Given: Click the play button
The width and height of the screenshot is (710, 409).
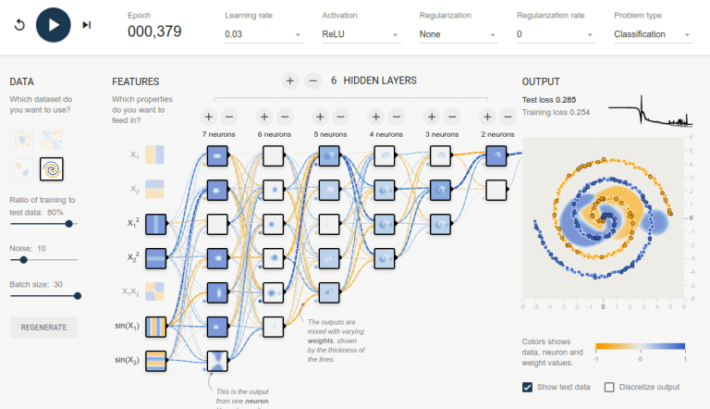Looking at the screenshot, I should click(x=54, y=24).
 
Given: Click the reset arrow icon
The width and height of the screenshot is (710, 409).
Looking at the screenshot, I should click(x=19, y=25).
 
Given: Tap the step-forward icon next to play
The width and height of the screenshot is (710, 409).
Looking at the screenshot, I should click(x=87, y=25).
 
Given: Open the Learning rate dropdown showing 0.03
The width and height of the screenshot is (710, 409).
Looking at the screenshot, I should click(x=263, y=34).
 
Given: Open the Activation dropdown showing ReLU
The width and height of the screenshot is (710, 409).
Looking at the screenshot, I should click(x=361, y=34).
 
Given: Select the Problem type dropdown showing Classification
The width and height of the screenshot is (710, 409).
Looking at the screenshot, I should click(x=653, y=34).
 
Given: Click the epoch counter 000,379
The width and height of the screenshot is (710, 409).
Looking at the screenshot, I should click(x=154, y=31).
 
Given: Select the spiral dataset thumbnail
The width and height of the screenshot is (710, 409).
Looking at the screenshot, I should click(x=52, y=169).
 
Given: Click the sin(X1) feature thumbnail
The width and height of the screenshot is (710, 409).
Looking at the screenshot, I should click(x=155, y=327).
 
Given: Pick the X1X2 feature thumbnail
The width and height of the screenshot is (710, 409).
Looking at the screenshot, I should click(x=155, y=291).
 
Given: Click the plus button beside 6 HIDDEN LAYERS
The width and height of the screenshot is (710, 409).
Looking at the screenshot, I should click(x=289, y=81).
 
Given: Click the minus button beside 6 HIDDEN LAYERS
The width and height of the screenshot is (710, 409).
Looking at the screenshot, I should click(x=312, y=81).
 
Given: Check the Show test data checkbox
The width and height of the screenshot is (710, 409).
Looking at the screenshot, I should click(x=528, y=387).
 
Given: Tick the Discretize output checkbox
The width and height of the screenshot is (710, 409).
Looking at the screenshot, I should click(x=609, y=387).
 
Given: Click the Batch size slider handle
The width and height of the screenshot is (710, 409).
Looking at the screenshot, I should click(x=78, y=296).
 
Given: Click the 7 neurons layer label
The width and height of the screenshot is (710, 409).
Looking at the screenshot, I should click(x=218, y=134).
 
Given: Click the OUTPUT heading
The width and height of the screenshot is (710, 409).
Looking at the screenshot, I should click(x=541, y=81).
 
